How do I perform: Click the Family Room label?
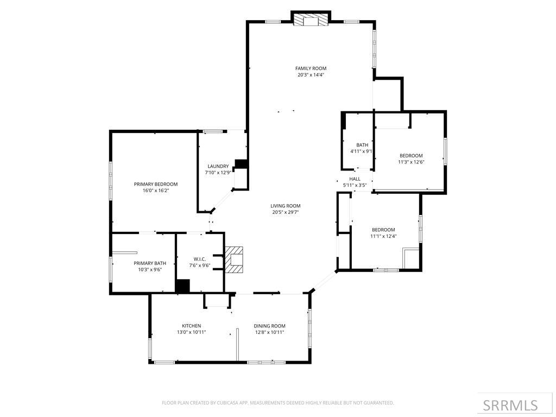(x=311, y=68)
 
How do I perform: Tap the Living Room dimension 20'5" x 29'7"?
(x=286, y=212)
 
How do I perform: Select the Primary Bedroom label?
(x=156, y=184)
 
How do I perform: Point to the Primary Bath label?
(x=150, y=263)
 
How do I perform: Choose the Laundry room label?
(x=218, y=166)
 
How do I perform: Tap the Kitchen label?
(x=191, y=326)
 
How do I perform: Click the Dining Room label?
(x=269, y=326)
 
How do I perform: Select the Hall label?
(x=355, y=179)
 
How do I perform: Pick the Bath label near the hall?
(x=362, y=145)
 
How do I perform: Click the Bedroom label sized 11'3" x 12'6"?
(x=411, y=155)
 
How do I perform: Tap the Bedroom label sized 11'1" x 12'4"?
(x=383, y=229)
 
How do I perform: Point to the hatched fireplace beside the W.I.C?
(x=235, y=259)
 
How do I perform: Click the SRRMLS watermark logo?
(x=510, y=405)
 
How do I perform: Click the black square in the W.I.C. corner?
(x=183, y=286)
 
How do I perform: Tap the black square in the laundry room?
(x=241, y=164)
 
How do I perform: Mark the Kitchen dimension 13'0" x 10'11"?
(x=191, y=332)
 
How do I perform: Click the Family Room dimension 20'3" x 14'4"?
(x=311, y=75)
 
